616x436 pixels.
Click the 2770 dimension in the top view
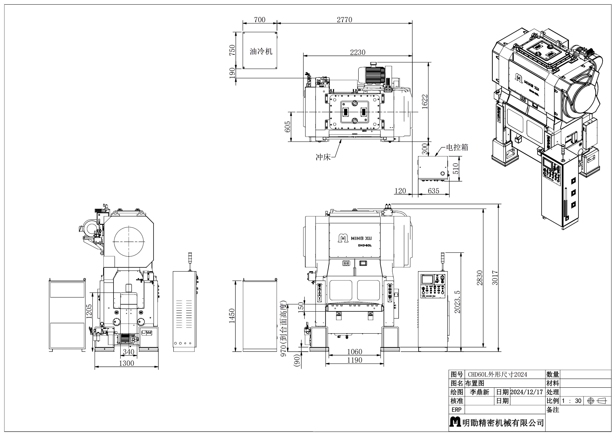pyautogui.click(x=344, y=20)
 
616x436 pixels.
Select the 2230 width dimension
pyautogui.click(x=358, y=52)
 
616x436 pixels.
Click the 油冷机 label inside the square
pyautogui.click(x=261, y=51)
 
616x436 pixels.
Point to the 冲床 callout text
pyautogui.click(x=323, y=157)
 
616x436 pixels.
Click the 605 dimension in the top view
pyautogui.click(x=287, y=126)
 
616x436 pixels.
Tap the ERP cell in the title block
pyautogui.click(x=456, y=410)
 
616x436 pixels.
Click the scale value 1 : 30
pyautogui.click(x=572, y=401)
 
